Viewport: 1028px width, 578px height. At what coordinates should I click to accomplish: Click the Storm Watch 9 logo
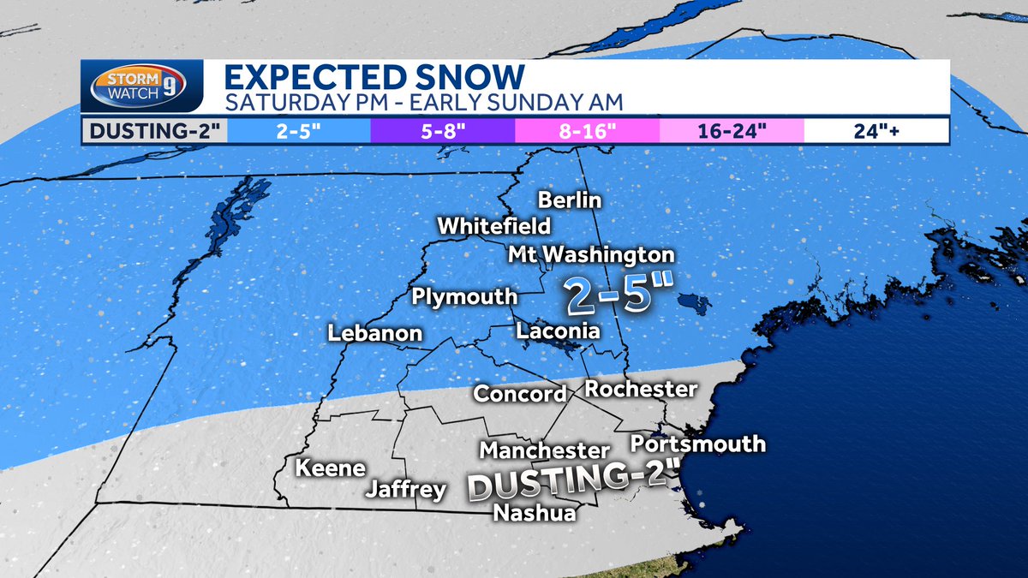tap(141, 87)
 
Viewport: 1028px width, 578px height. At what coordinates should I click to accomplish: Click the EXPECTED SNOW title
tap(373, 78)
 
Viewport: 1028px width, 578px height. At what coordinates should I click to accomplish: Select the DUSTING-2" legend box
tap(154, 131)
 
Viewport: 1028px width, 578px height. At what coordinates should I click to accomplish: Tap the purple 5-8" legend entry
tap(442, 131)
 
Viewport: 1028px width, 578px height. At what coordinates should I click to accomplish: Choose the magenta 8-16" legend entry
tap(587, 131)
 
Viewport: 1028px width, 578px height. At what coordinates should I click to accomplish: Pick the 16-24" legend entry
tap(732, 131)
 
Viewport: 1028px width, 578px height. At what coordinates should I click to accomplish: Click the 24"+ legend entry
tap(876, 131)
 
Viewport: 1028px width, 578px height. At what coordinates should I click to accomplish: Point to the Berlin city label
tap(570, 200)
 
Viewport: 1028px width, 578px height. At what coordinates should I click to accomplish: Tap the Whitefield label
tap(494, 227)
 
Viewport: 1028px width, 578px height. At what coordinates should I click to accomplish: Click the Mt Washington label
tap(591, 255)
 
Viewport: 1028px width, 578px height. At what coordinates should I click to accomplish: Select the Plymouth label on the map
tap(464, 297)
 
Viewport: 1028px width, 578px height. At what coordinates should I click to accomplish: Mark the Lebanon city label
tap(375, 334)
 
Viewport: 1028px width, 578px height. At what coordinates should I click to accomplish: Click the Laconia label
tap(557, 331)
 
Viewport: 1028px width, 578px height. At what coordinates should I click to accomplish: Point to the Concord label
tap(520, 394)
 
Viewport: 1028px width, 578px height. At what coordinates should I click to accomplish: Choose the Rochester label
tap(641, 390)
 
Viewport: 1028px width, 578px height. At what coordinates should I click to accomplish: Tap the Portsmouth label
tap(697, 444)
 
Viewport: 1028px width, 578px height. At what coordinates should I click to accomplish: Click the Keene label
tap(331, 468)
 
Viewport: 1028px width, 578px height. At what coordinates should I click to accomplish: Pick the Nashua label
tap(535, 513)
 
